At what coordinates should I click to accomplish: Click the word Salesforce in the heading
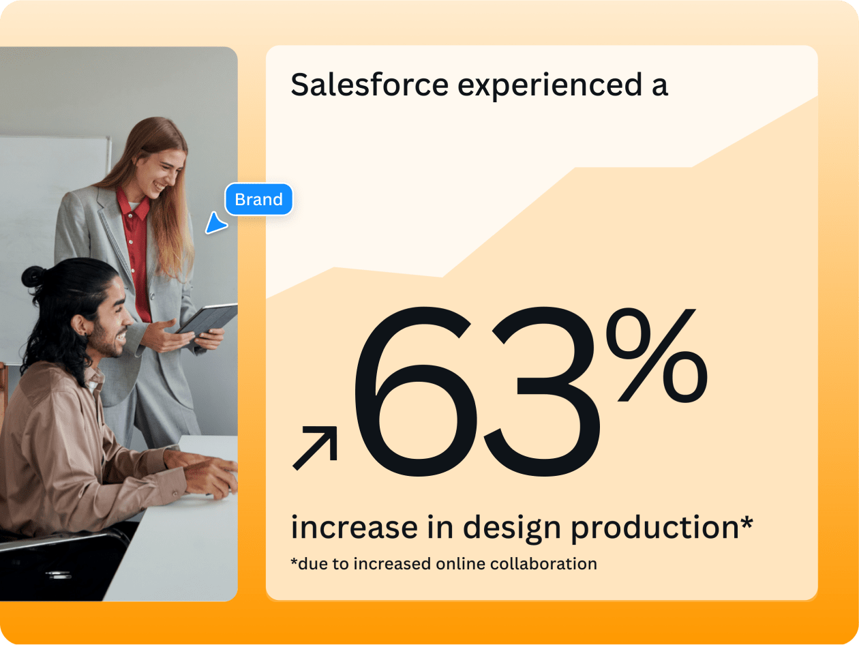[x=369, y=85]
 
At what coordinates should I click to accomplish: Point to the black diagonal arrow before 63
[x=315, y=447]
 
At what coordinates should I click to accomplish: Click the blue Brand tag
[x=258, y=200]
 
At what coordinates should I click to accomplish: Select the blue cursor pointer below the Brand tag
[x=216, y=224]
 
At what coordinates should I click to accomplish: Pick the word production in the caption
[x=654, y=528]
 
